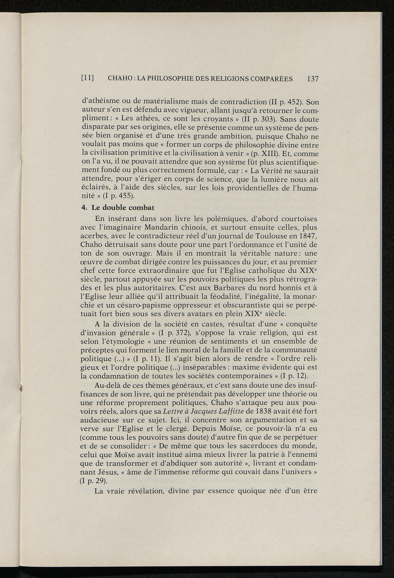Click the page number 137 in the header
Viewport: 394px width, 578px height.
[313, 79]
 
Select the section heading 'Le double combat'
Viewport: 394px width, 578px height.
[123, 207]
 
